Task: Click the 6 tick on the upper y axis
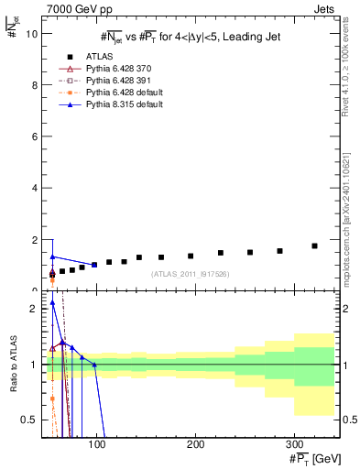coord(34,136)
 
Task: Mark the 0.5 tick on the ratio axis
coord(29,420)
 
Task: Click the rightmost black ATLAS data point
coord(314,245)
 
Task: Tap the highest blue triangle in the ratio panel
coord(52,302)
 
